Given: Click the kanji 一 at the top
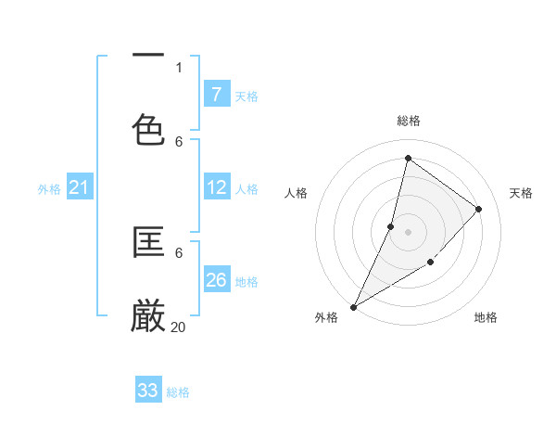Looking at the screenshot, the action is coord(148,57).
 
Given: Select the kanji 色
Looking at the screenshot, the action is coord(148,129).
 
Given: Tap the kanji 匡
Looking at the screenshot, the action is coord(148,243).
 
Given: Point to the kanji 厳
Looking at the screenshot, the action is coord(148,316).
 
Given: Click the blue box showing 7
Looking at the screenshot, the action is coord(216,95).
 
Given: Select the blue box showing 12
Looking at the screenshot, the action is coord(216,188).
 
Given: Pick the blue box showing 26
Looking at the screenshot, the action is coord(216,280).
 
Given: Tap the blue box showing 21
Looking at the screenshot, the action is coord(79,188).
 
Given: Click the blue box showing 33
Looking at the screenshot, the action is coord(147,391).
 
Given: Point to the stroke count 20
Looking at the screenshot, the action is coord(179,327).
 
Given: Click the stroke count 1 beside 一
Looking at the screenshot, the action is coord(179,67).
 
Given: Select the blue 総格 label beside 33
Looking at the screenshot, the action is coord(178,392).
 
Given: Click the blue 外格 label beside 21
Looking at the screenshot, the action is coord(49,189).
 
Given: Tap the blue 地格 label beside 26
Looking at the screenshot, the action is coord(246,282).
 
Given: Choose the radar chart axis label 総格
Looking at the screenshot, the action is coord(408,121).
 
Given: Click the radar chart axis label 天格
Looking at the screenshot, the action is coord(521,193).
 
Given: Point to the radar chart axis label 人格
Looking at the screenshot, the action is coord(296,193).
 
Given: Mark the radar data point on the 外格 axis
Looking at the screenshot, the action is coord(353,306).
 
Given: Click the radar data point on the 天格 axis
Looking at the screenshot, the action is coord(479,209).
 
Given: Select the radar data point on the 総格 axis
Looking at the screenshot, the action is coord(408,158).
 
